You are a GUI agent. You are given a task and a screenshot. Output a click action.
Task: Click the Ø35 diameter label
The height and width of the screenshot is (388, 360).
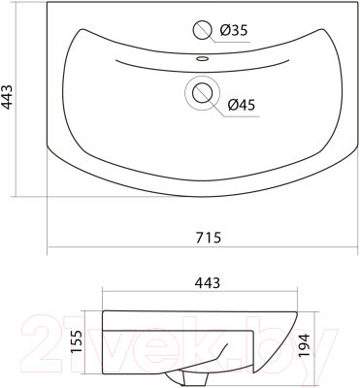[x=233, y=31]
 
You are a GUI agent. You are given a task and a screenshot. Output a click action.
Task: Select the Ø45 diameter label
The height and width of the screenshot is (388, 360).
[x=242, y=105]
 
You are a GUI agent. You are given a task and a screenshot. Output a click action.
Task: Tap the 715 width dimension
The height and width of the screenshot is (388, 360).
[x=209, y=238]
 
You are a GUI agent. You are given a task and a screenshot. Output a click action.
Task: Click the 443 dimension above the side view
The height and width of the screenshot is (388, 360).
[x=208, y=283]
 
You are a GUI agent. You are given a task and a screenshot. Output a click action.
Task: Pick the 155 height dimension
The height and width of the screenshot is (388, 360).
[x=77, y=342]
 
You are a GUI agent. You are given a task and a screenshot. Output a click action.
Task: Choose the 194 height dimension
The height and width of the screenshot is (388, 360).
[x=304, y=345]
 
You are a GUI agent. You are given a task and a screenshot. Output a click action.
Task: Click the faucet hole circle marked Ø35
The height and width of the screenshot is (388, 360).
[x=202, y=30]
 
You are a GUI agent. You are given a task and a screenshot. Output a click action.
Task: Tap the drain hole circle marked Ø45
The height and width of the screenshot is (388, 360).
[x=202, y=93]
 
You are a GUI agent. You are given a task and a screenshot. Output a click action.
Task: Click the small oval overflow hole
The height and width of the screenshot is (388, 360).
[x=202, y=59]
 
